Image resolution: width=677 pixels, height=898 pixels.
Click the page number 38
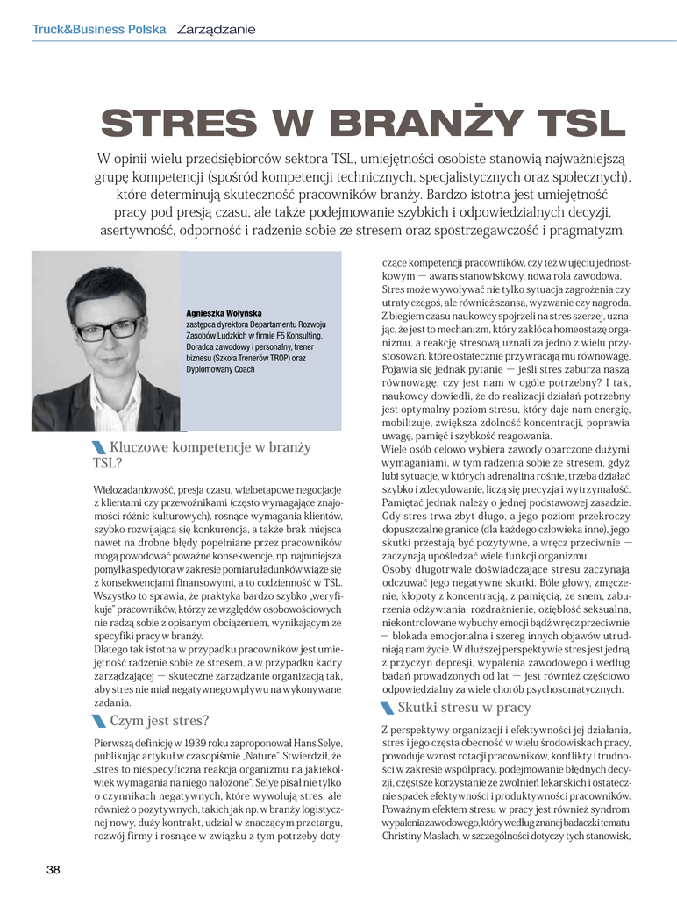[x=53, y=869]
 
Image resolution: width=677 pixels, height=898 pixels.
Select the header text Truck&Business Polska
[x=99, y=29]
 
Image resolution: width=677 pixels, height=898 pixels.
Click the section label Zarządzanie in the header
[x=217, y=29]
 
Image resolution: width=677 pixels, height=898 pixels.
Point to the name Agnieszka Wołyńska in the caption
[x=224, y=313]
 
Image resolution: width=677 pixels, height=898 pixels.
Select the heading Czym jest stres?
[x=160, y=721]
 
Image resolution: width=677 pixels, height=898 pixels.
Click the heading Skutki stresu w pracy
[x=464, y=707]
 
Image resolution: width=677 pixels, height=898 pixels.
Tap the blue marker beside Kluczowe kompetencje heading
[x=99, y=449]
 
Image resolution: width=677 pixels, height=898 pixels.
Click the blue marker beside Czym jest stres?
[x=99, y=722]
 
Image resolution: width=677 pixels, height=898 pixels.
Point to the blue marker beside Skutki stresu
[x=388, y=708]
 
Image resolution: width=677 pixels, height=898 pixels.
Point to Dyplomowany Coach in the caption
[x=219, y=369]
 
